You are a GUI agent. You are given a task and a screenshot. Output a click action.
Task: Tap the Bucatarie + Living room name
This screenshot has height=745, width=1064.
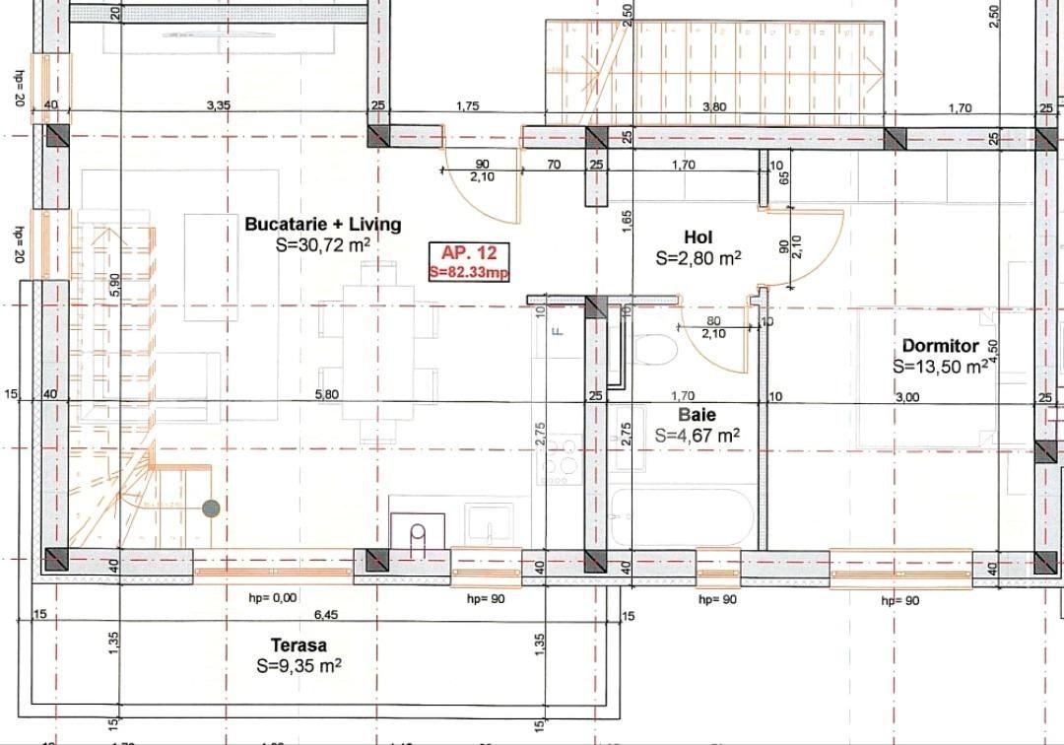[x=323, y=224]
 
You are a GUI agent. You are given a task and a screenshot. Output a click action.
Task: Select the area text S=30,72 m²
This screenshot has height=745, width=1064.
[x=323, y=244]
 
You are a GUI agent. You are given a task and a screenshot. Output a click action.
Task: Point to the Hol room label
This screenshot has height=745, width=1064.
[x=698, y=237]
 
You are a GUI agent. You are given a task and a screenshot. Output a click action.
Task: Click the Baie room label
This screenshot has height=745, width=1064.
[x=698, y=415]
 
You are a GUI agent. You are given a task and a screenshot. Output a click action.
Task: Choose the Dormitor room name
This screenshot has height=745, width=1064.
[x=940, y=346]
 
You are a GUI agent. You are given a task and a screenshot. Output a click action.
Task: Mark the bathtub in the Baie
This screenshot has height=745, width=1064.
[x=681, y=517]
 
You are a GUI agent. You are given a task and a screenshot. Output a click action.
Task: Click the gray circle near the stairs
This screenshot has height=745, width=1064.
[x=211, y=508]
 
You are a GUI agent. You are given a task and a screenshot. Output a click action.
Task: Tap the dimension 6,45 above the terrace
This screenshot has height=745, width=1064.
[x=325, y=614]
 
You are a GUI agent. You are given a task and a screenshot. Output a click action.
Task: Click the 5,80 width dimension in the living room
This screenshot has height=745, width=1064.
[x=326, y=394]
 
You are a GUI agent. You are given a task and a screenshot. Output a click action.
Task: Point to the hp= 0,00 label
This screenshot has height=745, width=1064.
[x=272, y=597]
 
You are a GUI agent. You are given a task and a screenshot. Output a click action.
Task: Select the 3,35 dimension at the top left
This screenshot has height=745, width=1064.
[x=218, y=105]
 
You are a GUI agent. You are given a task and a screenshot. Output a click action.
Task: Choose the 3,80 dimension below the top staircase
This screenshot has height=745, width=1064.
[x=713, y=106]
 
